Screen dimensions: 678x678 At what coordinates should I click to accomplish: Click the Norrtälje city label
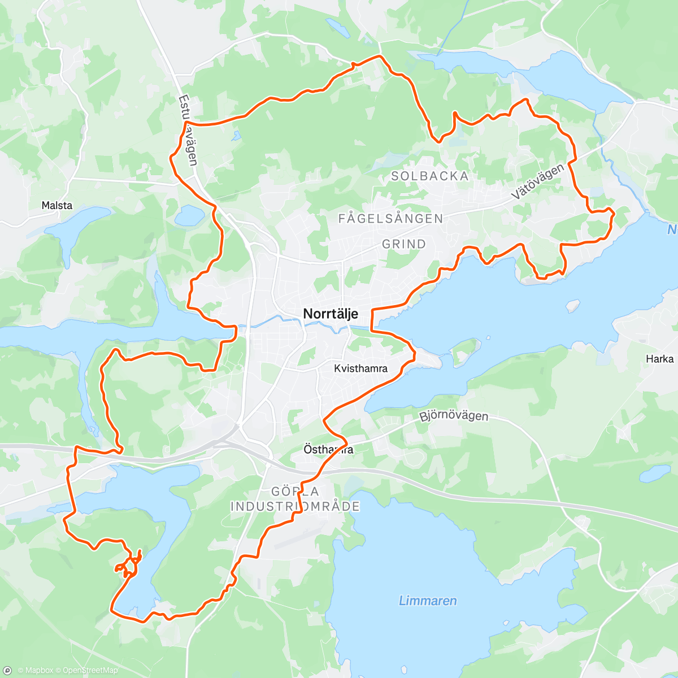click(331, 314)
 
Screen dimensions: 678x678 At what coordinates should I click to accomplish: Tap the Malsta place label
click(57, 205)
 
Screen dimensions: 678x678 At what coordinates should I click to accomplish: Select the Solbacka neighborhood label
click(430, 176)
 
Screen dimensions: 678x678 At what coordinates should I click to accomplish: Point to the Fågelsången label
click(390, 219)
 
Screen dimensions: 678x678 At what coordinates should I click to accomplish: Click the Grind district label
click(404, 244)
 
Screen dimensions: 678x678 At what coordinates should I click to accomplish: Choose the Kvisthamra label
click(360, 369)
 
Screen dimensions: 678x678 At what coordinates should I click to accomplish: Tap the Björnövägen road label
click(454, 416)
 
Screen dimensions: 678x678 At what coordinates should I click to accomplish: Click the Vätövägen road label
click(538, 181)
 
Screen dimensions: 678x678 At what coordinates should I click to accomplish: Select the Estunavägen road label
click(188, 130)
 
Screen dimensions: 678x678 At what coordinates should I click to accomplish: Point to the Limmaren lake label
click(428, 601)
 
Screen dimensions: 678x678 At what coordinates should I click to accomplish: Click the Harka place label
click(659, 359)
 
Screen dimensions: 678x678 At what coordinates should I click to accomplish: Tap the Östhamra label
click(328, 450)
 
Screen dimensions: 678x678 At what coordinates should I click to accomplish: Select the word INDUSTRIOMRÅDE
click(295, 506)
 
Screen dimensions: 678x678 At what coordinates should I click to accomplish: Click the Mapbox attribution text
click(35, 671)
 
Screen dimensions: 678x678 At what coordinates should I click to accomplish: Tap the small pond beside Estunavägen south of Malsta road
click(189, 215)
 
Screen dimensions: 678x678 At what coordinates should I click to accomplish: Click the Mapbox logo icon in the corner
click(7, 671)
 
